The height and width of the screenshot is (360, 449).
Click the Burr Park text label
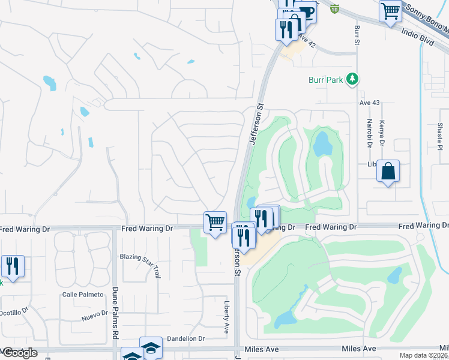pos(326,79)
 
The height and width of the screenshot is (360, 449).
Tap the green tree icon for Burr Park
pos(353,79)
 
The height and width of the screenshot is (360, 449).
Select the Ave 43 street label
pos(370,103)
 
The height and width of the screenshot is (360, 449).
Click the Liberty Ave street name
pos(228,317)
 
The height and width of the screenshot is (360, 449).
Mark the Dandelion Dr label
pos(186,339)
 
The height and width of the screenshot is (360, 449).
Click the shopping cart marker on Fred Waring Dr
pos(215,223)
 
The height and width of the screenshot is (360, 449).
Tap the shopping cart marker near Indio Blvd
pos(390,11)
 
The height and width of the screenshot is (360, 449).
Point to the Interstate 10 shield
pos(334,9)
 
